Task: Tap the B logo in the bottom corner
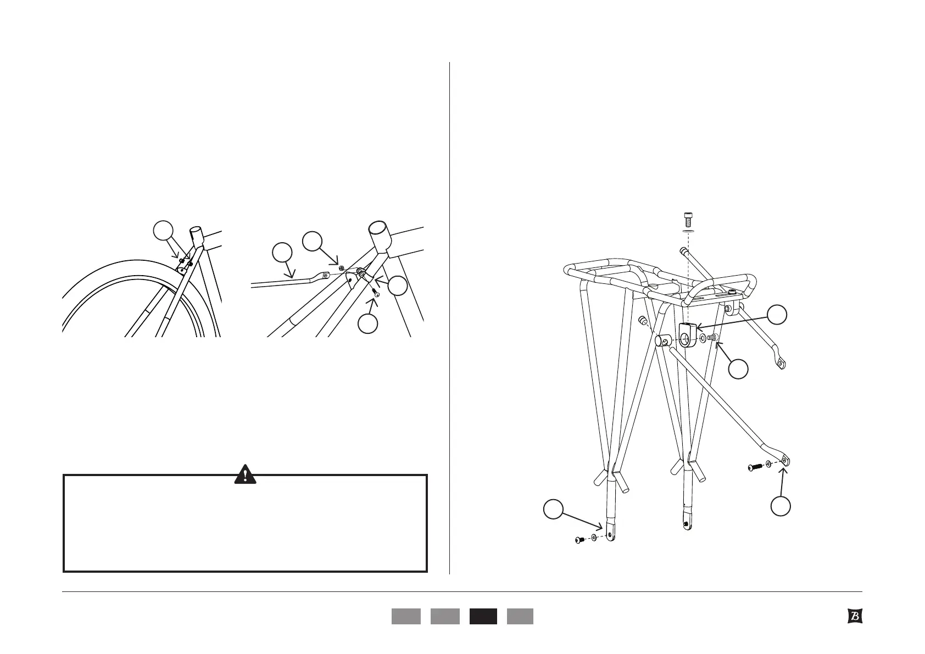coord(854,616)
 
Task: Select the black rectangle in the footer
coord(483,616)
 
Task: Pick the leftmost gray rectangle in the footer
coord(406,616)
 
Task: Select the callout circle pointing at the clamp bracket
coord(777,315)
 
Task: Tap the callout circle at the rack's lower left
coord(553,508)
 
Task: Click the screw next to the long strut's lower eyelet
coord(754,467)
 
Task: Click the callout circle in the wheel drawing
coord(163,231)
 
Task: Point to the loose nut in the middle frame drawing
coord(342,267)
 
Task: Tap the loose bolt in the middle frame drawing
coord(377,294)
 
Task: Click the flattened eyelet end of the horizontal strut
coord(323,276)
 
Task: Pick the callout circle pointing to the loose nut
coord(313,242)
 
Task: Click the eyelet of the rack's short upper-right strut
coord(779,362)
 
